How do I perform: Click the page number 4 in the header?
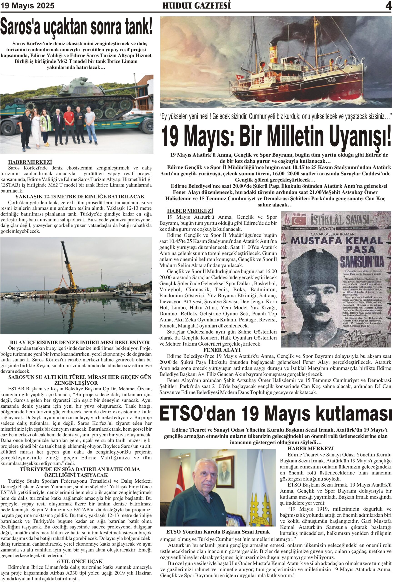388,5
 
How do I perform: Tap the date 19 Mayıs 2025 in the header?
27,6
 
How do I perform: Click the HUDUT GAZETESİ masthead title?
196,5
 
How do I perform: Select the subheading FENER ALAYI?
222,350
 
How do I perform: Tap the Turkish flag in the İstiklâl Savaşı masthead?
299,221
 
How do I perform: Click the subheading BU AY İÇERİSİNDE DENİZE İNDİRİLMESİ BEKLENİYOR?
80,342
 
